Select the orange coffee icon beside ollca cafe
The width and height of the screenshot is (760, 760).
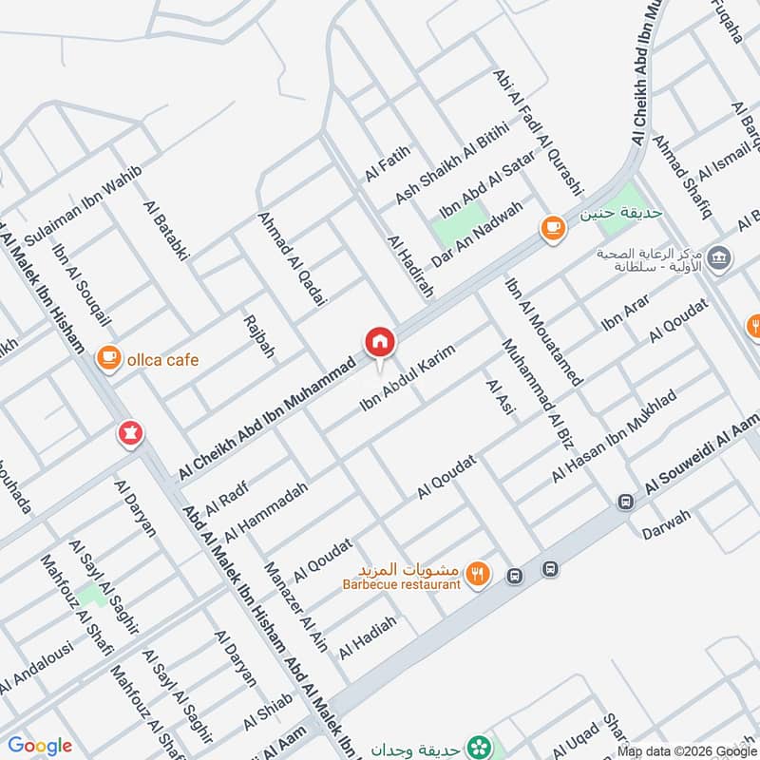[108, 357]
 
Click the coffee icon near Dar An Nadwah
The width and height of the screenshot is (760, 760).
[552, 228]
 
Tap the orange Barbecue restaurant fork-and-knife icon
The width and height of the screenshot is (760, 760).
[479, 574]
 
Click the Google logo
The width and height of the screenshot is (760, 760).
[40, 746]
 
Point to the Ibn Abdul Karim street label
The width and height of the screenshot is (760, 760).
[408, 377]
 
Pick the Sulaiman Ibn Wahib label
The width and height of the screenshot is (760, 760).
[84, 205]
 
